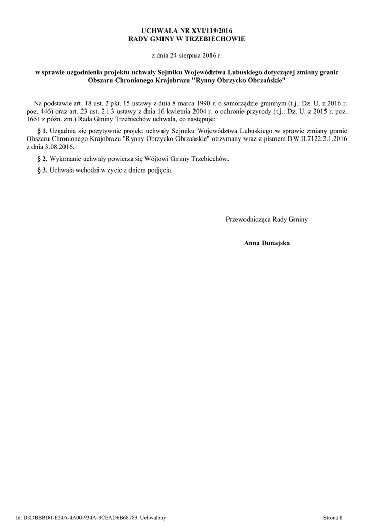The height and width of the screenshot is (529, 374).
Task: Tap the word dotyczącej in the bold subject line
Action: coord(285,73)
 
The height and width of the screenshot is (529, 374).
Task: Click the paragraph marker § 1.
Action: coord(42,132)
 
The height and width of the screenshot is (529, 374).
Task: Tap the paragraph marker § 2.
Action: coord(42,158)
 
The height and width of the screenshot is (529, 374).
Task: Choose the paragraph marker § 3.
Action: coord(42,170)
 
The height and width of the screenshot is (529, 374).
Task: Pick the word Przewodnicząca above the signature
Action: coord(248,220)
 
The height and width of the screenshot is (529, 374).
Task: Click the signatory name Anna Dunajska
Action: coord(267,243)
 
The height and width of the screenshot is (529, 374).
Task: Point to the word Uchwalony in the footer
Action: coord(153,517)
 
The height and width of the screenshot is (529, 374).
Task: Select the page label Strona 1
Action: coord(333,517)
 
